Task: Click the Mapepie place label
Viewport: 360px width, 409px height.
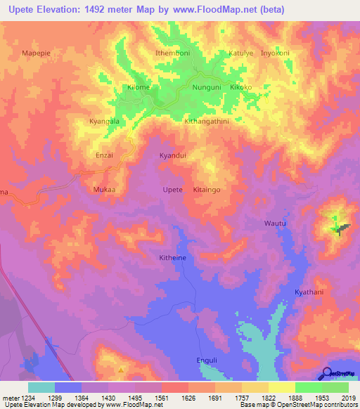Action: (38, 53)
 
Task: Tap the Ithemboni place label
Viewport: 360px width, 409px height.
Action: (172, 53)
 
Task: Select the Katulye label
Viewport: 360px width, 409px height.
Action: (240, 53)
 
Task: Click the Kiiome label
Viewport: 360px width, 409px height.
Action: (139, 87)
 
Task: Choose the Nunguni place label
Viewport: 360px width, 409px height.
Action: (207, 87)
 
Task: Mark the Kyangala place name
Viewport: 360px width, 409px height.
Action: (104, 121)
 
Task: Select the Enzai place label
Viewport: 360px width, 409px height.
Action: (104, 155)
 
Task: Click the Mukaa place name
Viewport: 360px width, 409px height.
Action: (104, 190)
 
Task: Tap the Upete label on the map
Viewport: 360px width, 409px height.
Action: (172, 190)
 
